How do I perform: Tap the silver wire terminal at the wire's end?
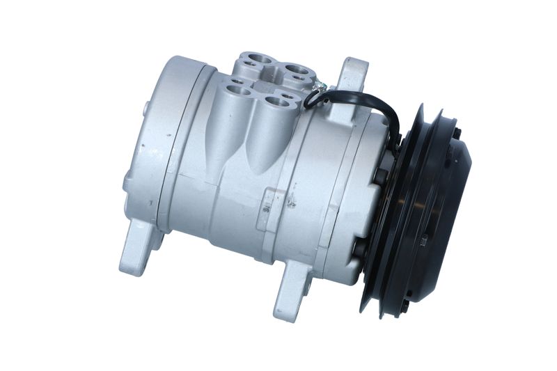320,88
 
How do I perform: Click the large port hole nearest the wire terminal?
297,71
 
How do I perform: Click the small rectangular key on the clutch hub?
423,241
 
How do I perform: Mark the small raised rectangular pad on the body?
265,207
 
